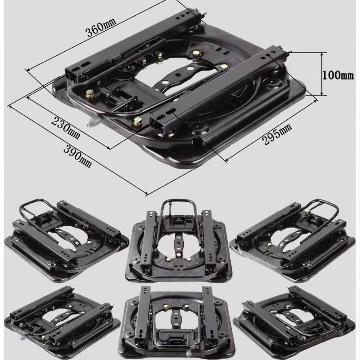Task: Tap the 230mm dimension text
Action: click(66, 128)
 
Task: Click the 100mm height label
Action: click(338, 75)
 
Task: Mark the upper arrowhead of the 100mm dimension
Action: click(322, 55)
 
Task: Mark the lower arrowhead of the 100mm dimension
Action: click(322, 93)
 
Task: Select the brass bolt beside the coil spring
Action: click(89, 93)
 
